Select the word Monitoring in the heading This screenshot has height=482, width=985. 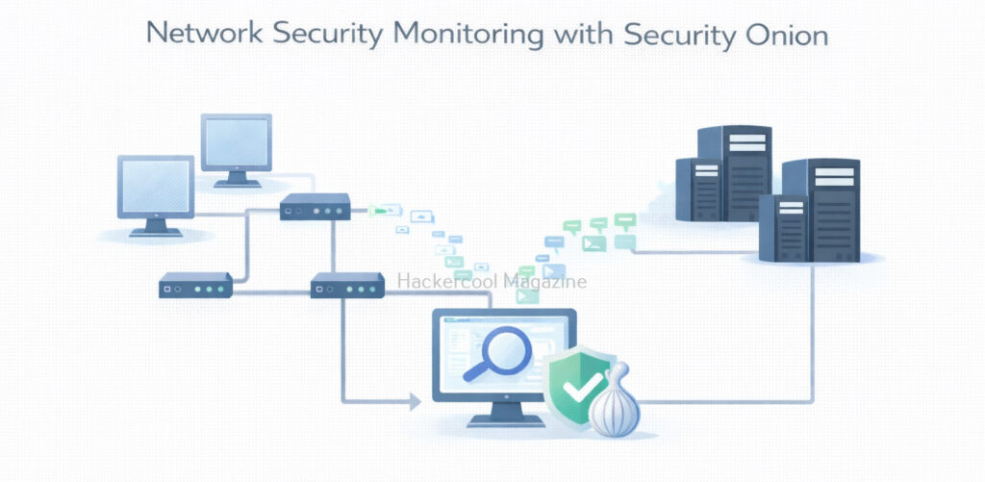click(x=468, y=36)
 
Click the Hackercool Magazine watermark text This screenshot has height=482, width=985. click(x=492, y=281)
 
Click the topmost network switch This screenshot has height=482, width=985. click(x=315, y=207)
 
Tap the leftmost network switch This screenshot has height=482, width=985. click(x=195, y=285)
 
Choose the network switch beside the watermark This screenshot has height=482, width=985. click(x=347, y=285)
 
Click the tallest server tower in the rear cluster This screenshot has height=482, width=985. click(x=734, y=173)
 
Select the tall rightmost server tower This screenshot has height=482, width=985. click(x=821, y=210)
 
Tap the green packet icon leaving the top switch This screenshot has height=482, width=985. click(x=383, y=210)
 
